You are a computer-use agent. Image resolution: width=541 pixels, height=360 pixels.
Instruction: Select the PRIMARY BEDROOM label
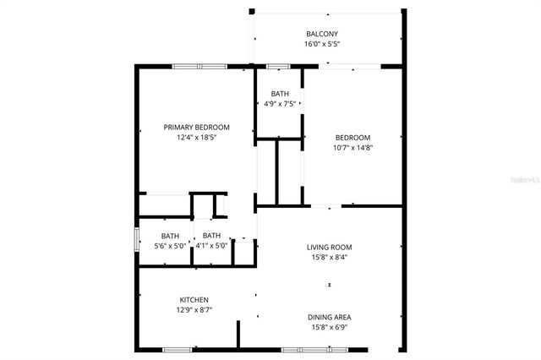(x=197, y=128)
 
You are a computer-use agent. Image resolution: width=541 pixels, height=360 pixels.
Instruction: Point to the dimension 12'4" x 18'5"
(x=197, y=138)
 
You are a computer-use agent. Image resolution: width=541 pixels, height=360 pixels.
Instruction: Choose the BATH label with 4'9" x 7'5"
(x=280, y=94)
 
